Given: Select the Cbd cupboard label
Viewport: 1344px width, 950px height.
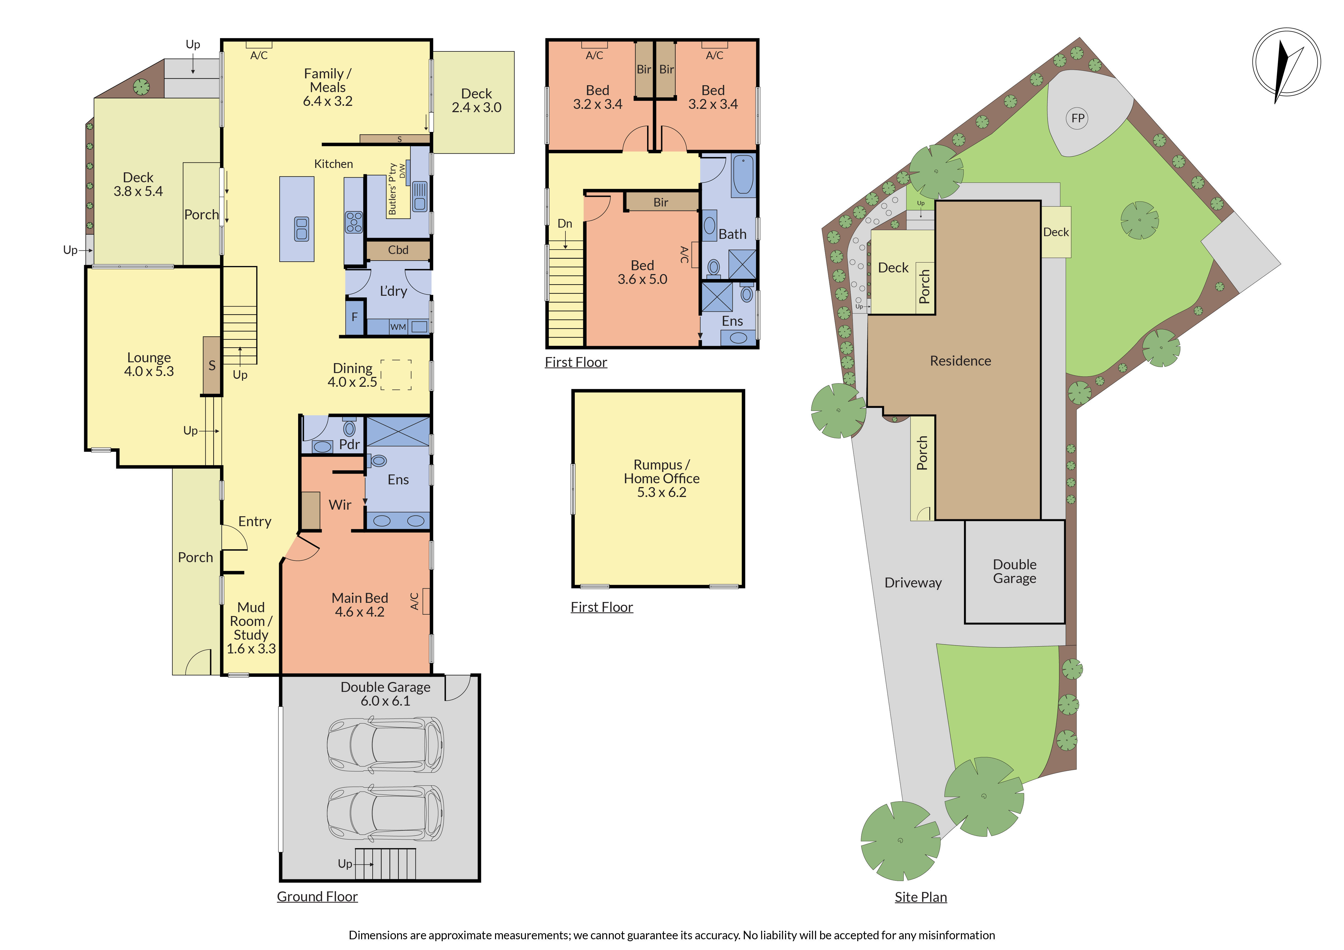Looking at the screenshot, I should click(x=398, y=250).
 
